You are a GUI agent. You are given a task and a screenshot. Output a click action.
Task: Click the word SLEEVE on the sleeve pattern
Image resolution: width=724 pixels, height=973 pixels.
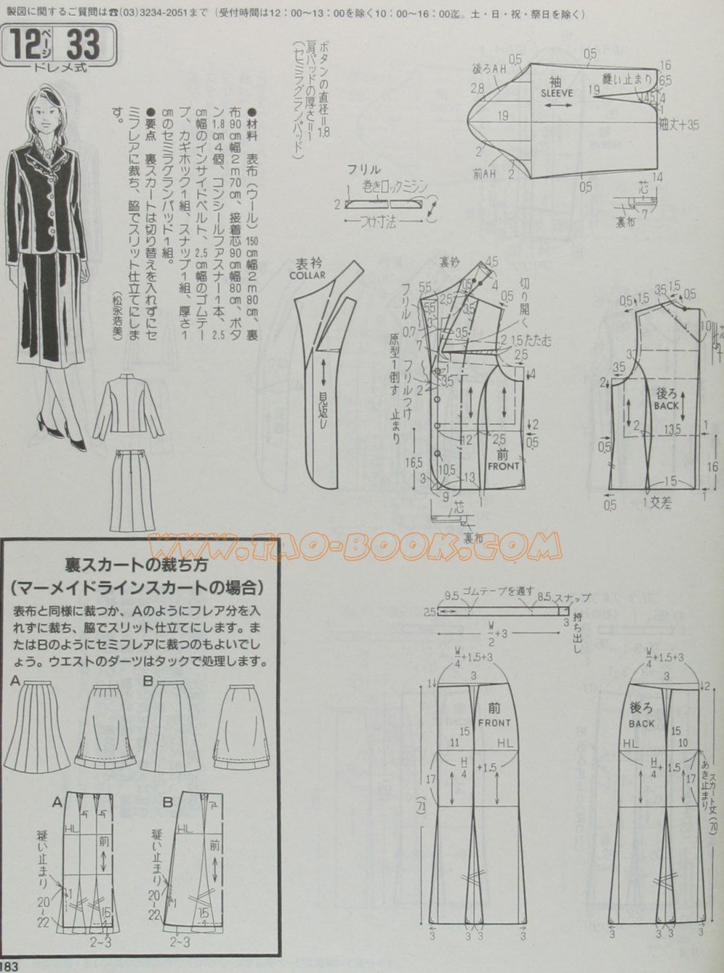(556, 93)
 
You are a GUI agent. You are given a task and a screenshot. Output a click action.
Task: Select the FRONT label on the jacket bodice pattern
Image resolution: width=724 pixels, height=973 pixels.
(503, 466)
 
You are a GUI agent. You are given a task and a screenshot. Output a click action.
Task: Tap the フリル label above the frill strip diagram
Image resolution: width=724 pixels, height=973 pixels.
(360, 171)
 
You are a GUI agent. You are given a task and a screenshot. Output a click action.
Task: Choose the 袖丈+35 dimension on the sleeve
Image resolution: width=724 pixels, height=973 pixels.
(681, 125)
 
